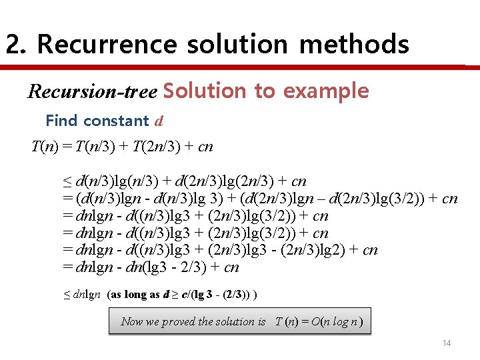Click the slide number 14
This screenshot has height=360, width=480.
(447, 343)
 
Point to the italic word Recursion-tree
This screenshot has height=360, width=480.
(92, 91)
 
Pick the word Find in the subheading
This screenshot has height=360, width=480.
(61, 121)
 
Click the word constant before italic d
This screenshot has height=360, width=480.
(115, 121)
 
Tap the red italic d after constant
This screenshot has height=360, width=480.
(159, 121)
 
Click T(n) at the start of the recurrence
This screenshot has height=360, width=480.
(45, 146)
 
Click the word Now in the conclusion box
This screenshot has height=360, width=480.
(131, 321)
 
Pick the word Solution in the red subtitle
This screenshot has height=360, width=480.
(204, 91)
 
